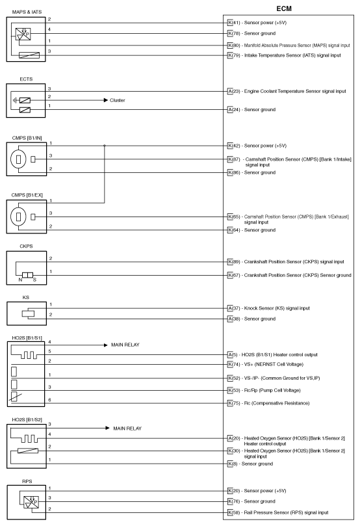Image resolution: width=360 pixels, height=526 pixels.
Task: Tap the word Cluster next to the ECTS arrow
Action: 118,101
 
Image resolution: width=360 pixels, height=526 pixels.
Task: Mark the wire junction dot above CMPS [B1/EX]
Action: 105,146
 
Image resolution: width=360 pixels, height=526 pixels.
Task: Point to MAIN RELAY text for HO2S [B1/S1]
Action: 126,345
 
